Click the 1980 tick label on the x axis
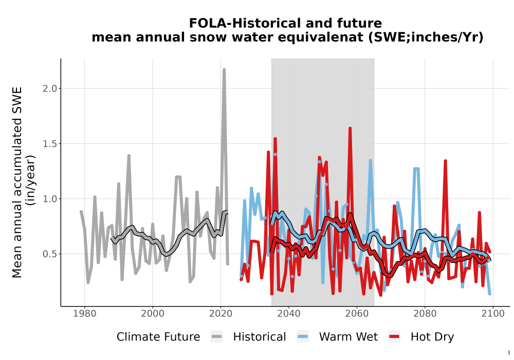[85, 314]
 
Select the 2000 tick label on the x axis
[153, 314]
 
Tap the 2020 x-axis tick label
[221, 314]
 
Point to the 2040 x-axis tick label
[289, 314]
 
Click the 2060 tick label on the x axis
[357, 314]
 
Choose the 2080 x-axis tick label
[425, 314]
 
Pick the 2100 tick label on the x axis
[493, 314]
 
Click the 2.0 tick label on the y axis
[50, 88]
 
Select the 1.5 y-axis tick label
[50, 143]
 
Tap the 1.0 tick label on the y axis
[50, 199]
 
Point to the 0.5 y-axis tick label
[50, 254]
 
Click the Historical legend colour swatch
[217, 336]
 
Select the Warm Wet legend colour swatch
[303, 336]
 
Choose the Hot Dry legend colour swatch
[394, 336]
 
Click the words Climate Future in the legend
[158, 337]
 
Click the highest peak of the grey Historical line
[224, 69]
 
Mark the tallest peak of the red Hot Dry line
[350, 128]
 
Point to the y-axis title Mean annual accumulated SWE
[17, 182]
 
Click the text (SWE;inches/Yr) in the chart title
[426, 38]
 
